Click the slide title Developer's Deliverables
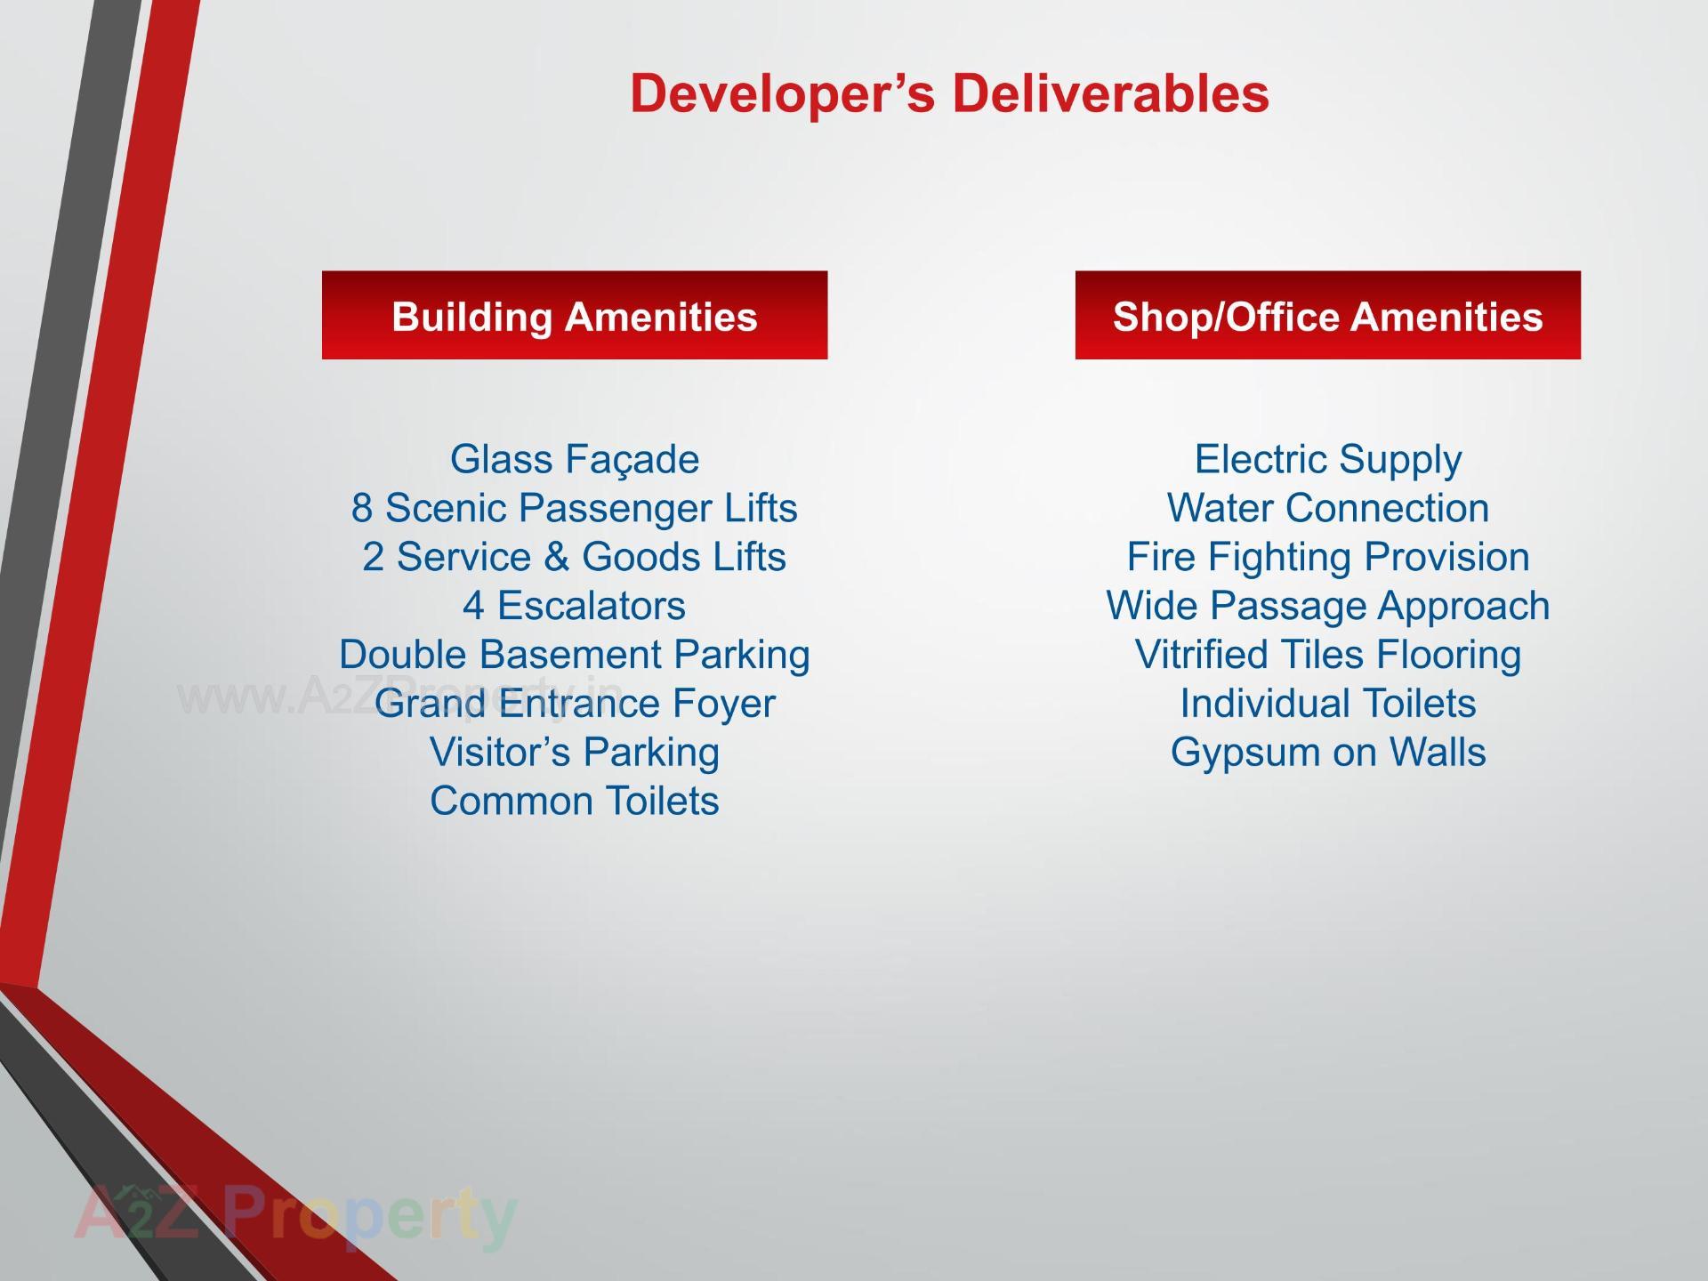[949, 93]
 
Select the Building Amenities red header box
[575, 315]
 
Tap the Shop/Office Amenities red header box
[1327, 315]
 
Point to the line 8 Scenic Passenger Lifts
[575, 509]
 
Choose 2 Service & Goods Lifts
[575, 557]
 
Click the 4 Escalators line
[575, 606]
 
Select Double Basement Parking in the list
[575, 656]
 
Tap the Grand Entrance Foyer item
[575, 705]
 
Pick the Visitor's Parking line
[575, 753]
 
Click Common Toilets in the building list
[575, 801]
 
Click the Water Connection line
[1328, 508]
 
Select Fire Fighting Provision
[1328, 558]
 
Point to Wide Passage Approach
[1328, 607]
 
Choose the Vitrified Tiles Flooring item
[1328, 656]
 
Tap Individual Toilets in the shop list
[1328, 704]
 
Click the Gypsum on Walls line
[1328, 753]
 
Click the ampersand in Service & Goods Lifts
[556, 557]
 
